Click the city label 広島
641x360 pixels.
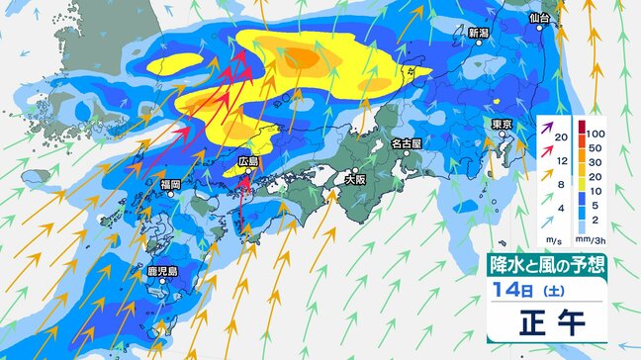click(x=247, y=161)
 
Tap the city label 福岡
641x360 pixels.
click(x=169, y=185)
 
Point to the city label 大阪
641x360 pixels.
click(x=355, y=180)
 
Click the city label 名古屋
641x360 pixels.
click(x=407, y=143)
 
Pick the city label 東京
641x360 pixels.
click(x=501, y=124)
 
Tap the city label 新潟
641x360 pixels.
click(x=479, y=33)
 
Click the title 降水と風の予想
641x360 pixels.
click(x=547, y=265)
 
